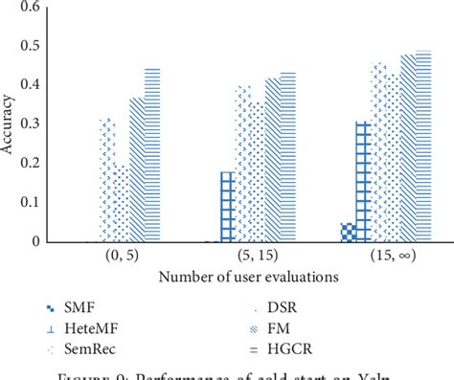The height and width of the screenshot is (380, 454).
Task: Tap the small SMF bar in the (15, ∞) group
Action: tap(348, 233)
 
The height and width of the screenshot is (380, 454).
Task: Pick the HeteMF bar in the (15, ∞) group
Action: tap(362, 182)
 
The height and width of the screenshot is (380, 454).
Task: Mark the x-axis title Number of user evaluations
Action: tap(237, 279)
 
